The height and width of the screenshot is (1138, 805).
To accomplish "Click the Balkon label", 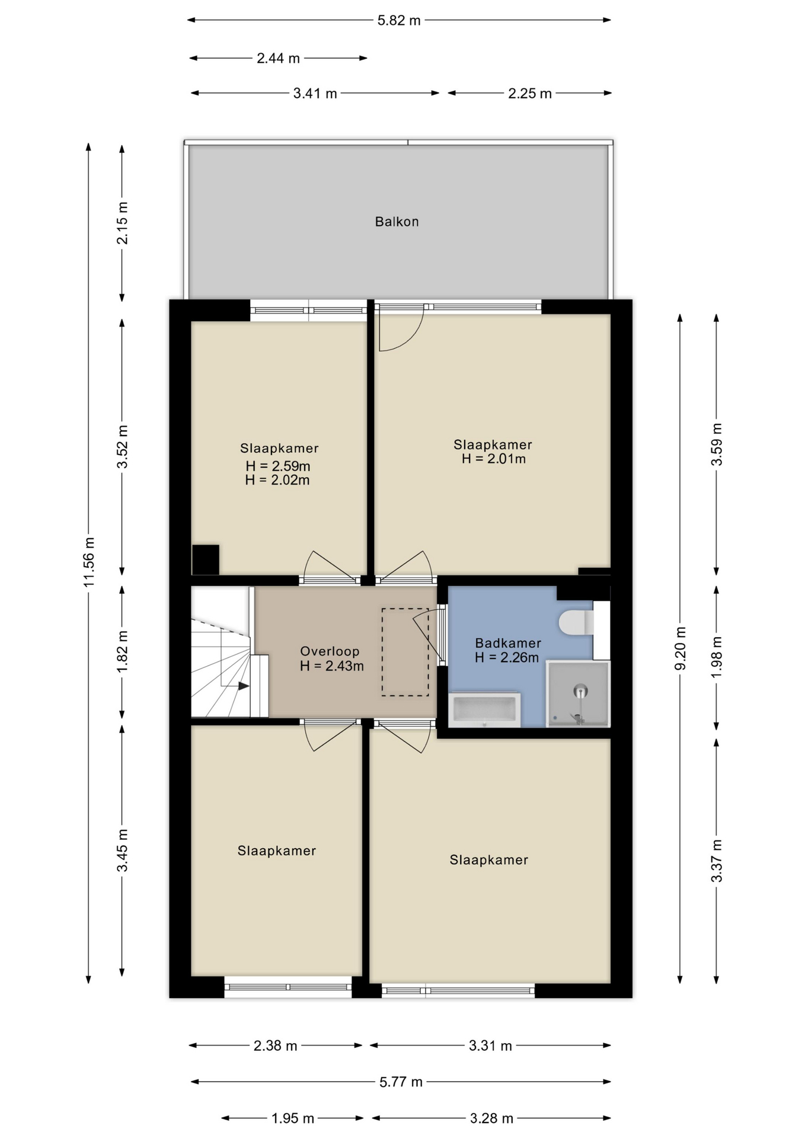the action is click(397, 222).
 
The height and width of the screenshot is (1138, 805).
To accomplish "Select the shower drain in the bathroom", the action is click(580, 691).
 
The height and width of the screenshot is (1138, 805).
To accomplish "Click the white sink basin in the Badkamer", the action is click(484, 709).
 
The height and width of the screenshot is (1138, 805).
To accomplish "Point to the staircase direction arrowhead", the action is click(244, 686).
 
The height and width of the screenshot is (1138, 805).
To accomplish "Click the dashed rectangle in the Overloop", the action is click(405, 652).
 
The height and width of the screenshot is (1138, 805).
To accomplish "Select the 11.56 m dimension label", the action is click(89, 562).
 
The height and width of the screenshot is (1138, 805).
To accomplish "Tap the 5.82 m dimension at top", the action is click(399, 21).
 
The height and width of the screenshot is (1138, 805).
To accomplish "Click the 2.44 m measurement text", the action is click(278, 58).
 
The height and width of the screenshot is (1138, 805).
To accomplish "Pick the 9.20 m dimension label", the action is click(681, 648).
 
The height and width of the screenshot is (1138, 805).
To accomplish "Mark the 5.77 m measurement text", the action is click(401, 1082).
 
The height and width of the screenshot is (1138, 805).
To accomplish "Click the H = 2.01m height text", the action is click(494, 459).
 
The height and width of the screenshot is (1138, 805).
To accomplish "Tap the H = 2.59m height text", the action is click(278, 466).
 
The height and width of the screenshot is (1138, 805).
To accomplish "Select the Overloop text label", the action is click(330, 651).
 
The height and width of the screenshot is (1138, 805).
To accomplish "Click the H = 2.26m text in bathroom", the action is click(507, 657).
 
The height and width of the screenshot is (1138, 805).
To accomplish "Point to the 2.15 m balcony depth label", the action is click(122, 223).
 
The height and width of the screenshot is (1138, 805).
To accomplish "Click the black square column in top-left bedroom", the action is click(206, 560).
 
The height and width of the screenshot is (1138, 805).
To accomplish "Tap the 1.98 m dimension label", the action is click(717, 657).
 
